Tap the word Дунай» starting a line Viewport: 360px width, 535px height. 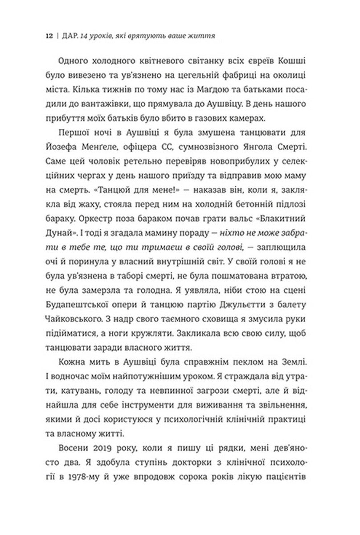coord(67,218)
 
